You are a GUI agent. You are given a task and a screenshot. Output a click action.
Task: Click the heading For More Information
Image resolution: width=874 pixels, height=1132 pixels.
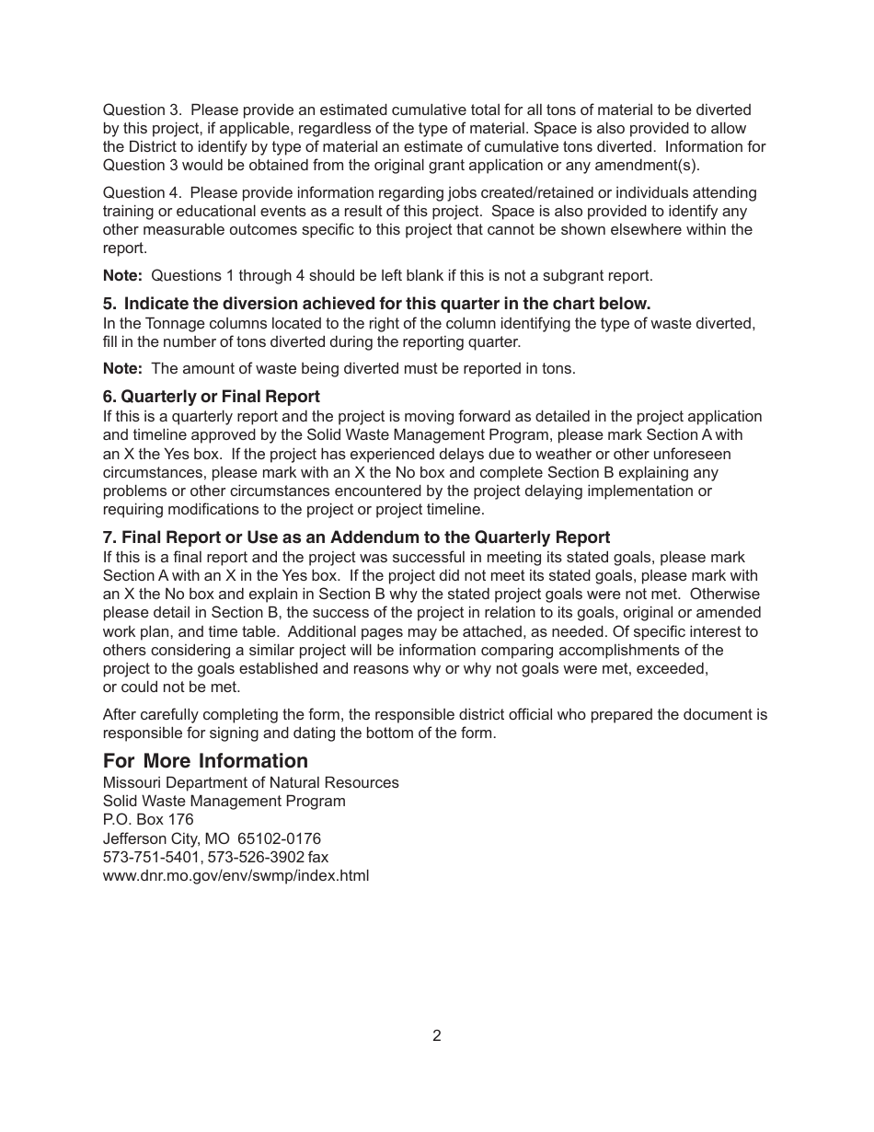coord(205,761)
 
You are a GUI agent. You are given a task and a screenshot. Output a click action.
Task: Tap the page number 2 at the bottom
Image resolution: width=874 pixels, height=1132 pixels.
coord(436,1035)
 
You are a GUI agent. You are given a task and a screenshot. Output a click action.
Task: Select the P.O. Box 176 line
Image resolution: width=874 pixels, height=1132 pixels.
coord(148,819)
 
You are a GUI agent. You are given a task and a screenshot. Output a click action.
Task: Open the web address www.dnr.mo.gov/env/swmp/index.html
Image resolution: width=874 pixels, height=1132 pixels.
coord(236,875)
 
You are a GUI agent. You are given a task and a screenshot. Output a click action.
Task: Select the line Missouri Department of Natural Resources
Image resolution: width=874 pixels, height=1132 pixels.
coord(250,782)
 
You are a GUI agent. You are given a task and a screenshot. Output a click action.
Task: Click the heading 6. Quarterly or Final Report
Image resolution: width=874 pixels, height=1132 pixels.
coord(211,397)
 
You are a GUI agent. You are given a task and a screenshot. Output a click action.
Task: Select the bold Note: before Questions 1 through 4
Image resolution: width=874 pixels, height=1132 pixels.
coord(122,275)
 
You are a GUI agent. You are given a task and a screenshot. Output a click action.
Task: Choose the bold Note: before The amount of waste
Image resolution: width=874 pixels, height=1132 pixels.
coord(122,368)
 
